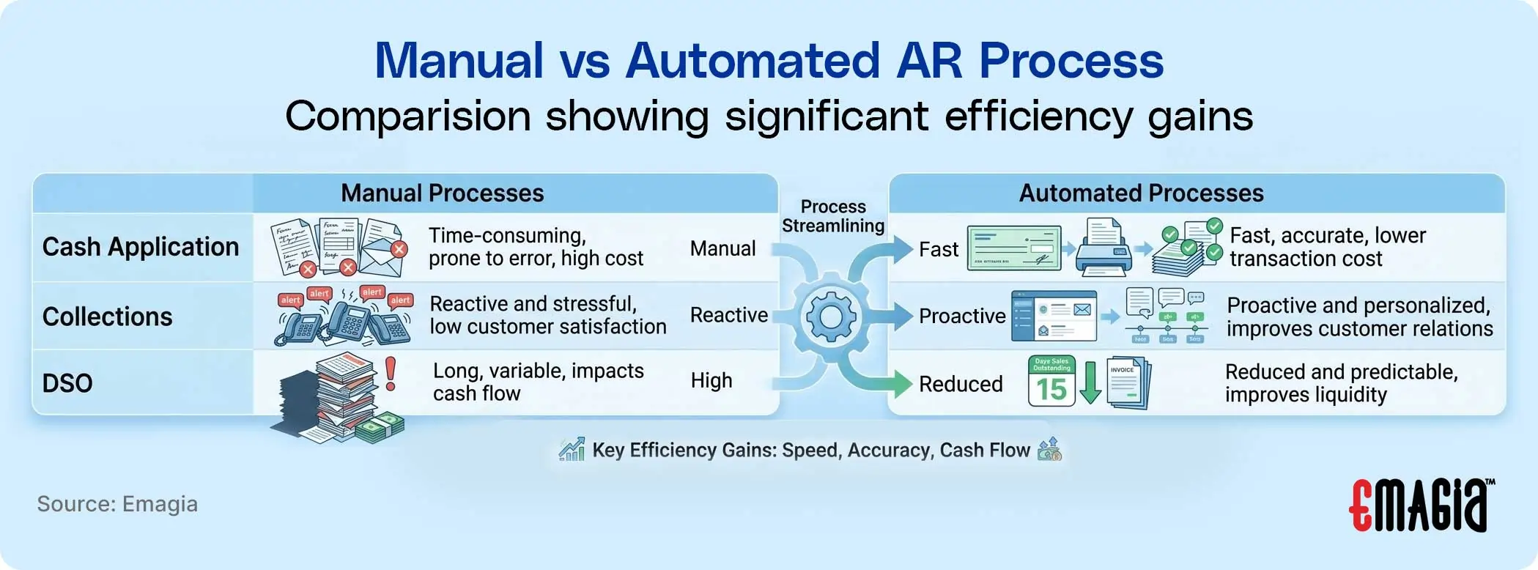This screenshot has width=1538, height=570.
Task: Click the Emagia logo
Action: point(1420,505)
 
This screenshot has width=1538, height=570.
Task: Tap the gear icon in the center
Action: point(831,317)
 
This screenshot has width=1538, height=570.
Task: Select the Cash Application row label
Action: point(141,248)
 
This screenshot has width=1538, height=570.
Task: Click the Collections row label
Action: point(108,317)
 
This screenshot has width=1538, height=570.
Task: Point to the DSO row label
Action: point(67,383)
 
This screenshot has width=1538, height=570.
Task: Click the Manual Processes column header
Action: point(442,193)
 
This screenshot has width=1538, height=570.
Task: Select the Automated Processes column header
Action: point(1141,193)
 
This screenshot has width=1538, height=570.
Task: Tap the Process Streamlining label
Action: point(833,216)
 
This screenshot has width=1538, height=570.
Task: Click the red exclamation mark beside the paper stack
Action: point(391,373)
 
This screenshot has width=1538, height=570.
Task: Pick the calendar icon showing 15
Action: point(1051,381)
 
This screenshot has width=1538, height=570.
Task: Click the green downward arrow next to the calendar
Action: point(1090,382)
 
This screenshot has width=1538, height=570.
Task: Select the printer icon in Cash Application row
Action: point(1103,247)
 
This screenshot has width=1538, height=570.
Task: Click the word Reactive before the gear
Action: point(728,315)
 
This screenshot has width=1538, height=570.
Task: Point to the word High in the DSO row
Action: point(711,381)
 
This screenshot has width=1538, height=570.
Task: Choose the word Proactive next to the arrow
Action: point(961,317)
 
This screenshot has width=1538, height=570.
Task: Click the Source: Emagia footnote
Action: point(117,504)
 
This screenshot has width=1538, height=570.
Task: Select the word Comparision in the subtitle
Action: point(407,116)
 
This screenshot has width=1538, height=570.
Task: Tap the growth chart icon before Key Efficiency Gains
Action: point(572,449)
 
